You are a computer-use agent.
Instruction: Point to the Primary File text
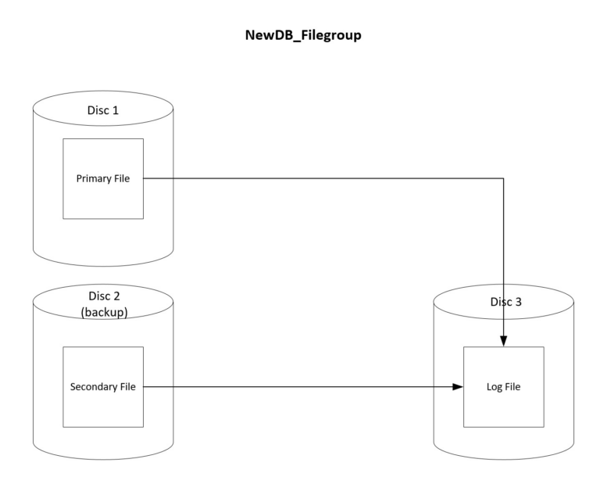pyautogui.click(x=103, y=178)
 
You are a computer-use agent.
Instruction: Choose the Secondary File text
pyautogui.click(x=103, y=386)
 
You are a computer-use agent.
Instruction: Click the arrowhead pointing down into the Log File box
pyautogui.click(x=503, y=341)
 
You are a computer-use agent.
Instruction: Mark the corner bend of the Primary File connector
pyautogui.click(x=503, y=178)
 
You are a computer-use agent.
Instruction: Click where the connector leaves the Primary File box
pyautogui.click(x=145, y=178)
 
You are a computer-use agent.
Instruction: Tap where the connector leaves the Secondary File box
pyautogui.click(x=145, y=386)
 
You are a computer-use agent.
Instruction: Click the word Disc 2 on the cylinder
pyautogui.click(x=103, y=296)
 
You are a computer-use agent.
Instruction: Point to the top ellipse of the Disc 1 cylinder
pyautogui.click(x=103, y=94)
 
